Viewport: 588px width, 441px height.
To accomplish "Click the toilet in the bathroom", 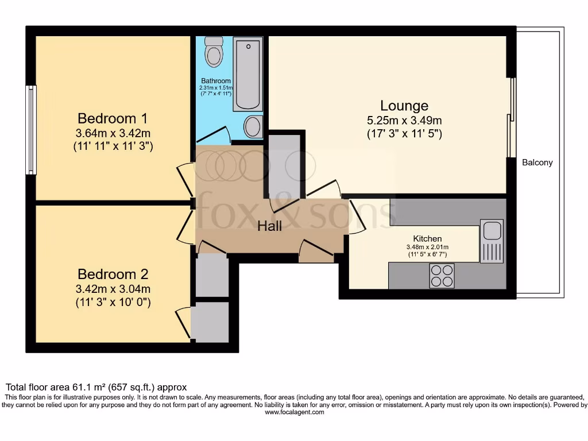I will pyautogui.click(x=214, y=52).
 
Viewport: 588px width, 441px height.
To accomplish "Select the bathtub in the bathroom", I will pyautogui.click(x=247, y=74).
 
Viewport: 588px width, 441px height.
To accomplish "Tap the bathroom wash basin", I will pyautogui.click(x=253, y=126).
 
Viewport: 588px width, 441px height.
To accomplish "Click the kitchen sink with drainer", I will pyautogui.click(x=492, y=241).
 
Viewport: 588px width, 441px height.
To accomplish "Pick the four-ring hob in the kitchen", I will pyautogui.click(x=442, y=276).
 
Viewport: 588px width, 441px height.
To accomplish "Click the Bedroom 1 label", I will pyautogui.click(x=113, y=118).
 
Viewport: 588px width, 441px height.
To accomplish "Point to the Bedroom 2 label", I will pyautogui.click(x=113, y=274).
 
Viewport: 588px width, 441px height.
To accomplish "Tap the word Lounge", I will pyautogui.click(x=404, y=106).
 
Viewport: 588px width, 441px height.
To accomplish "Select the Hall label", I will pyautogui.click(x=269, y=226).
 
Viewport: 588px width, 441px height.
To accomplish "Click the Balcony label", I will pyautogui.click(x=537, y=163).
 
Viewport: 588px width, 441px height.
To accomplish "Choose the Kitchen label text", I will pyautogui.click(x=427, y=238).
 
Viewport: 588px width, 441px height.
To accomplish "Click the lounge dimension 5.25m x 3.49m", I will pyautogui.click(x=404, y=121).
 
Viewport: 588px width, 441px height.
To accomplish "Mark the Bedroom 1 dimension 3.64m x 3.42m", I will pyautogui.click(x=113, y=133).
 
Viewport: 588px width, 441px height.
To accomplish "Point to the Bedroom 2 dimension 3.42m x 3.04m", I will pyautogui.click(x=113, y=289).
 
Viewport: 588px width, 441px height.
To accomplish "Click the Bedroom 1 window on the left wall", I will pyautogui.click(x=31, y=130).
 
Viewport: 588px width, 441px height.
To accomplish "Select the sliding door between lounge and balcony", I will pyautogui.click(x=510, y=118).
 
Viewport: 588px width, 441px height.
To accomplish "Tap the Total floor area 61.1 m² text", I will pyautogui.click(x=96, y=387).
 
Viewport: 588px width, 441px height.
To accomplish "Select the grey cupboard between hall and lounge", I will pyautogui.click(x=284, y=166).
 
